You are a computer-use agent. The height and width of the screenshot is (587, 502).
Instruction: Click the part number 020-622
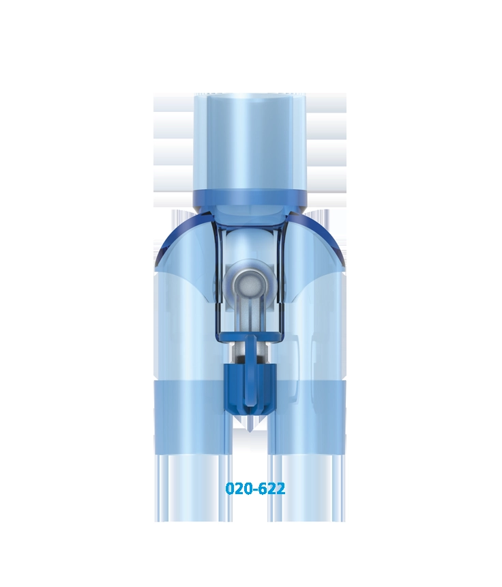255,489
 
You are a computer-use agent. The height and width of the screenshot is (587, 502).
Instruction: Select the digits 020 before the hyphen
238,489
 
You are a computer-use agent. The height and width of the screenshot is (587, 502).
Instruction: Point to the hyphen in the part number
254,489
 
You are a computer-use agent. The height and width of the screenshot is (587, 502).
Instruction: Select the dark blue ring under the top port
250,197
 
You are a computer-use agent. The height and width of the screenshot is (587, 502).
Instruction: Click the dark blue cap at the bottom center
250,390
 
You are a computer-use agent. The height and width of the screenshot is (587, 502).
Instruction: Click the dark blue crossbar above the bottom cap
250,337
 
